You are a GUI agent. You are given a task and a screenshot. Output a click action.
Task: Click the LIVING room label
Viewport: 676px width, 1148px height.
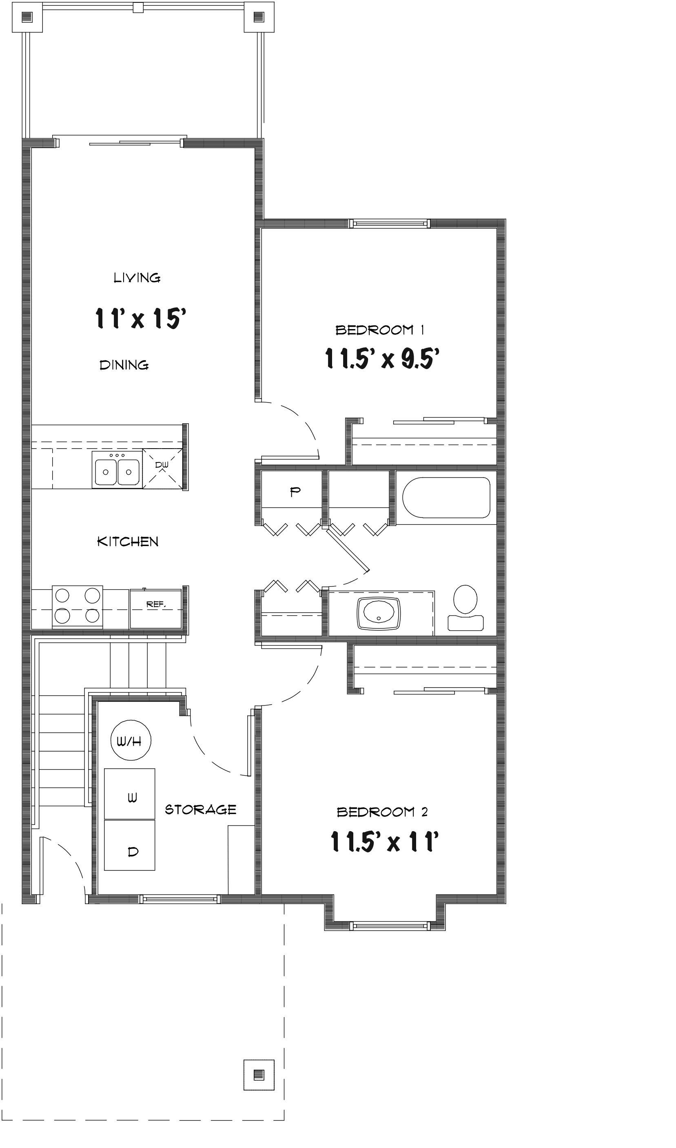tap(137, 277)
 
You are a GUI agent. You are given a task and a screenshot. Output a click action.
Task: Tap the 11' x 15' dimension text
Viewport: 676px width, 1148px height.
tap(140, 318)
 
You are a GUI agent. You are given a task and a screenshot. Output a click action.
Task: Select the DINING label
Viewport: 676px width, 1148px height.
tap(124, 365)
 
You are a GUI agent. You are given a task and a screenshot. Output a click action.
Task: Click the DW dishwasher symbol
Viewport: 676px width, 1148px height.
tap(162, 468)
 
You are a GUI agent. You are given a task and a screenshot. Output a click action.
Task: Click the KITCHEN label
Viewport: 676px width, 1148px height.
tap(128, 542)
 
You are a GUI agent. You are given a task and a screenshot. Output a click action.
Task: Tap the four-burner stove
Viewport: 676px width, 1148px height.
tap(77, 606)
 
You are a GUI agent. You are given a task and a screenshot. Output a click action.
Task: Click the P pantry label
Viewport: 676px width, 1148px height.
tap(295, 491)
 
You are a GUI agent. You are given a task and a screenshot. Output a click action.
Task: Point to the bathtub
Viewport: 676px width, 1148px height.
tap(446, 497)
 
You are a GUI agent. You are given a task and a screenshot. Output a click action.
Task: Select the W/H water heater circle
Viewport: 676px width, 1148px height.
tap(131, 741)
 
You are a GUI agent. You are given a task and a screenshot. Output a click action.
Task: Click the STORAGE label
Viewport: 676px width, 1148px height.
tap(201, 810)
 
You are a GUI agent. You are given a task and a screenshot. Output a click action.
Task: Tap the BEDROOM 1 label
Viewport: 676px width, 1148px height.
tap(380, 330)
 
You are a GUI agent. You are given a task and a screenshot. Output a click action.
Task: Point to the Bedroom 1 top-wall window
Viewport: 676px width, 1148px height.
tap(390, 223)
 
